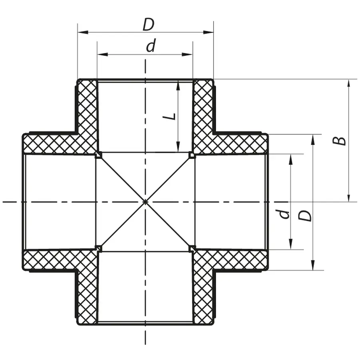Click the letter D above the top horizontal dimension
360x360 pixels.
point(148,25)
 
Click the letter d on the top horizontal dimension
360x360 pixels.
point(150,47)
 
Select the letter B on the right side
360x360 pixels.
point(340,141)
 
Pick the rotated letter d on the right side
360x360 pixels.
point(284,214)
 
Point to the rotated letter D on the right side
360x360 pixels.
point(306,216)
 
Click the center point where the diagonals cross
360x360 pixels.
point(145,202)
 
